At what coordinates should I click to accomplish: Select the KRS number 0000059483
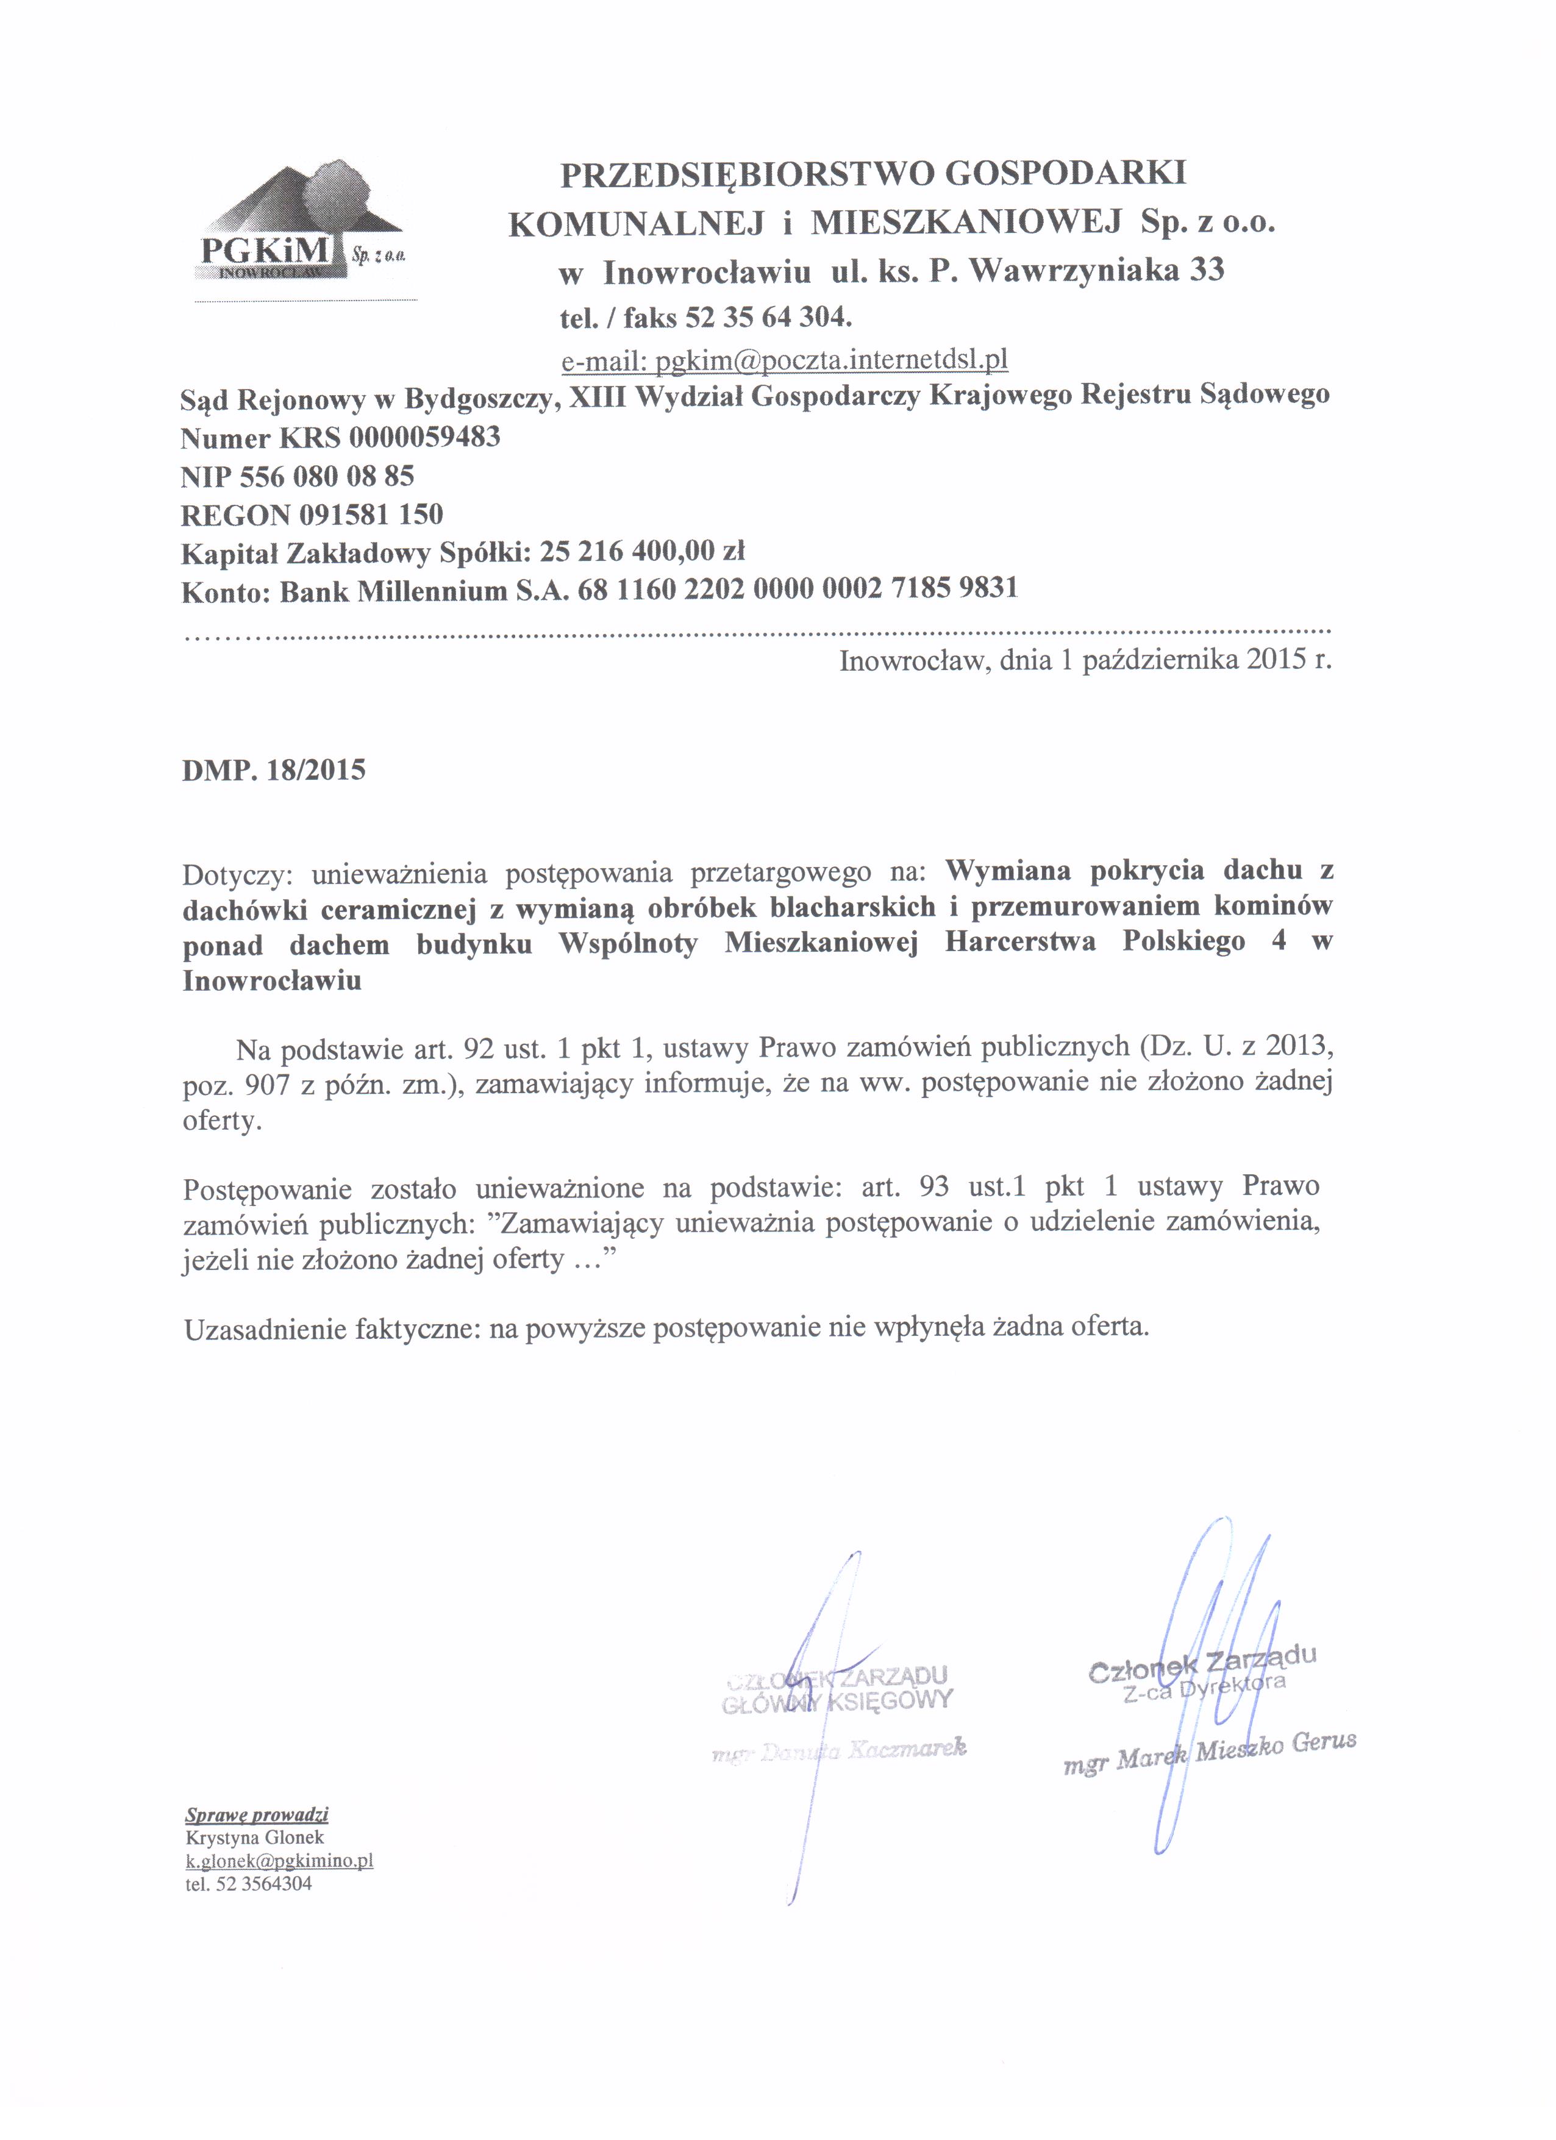pyautogui.click(x=424, y=438)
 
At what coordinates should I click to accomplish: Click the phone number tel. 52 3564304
pyautogui.click(x=249, y=1885)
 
